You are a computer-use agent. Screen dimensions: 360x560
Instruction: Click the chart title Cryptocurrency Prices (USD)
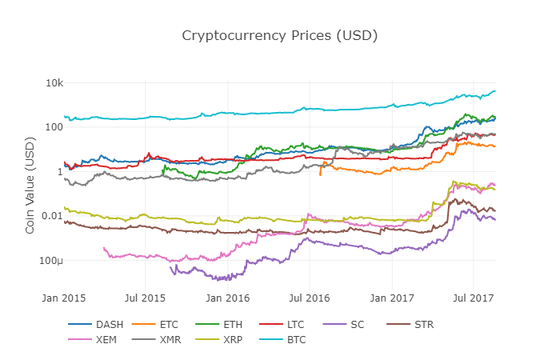pos(279,36)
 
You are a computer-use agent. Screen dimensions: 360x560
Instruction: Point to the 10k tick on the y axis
pos(54,83)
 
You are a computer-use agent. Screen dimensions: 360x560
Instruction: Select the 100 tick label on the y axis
pos(54,127)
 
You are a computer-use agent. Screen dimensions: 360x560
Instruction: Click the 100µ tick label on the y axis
pos(51,261)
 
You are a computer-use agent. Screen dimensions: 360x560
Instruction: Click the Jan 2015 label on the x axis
pos(64,298)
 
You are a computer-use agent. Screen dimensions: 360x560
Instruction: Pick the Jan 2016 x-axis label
pos(228,298)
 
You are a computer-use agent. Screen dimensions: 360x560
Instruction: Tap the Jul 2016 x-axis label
pos(310,298)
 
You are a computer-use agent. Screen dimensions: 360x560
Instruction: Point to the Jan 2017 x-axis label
pos(392,298)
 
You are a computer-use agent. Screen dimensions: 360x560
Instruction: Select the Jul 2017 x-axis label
pos(474,298)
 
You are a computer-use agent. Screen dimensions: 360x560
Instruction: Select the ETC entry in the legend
pos(169,325)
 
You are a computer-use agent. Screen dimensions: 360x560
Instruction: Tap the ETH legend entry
pos(232,325)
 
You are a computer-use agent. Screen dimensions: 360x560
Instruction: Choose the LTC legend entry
pos(295,325)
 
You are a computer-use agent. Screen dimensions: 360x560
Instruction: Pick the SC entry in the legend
pos(356,325)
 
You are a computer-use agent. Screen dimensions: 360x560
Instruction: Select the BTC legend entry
pos(295,339)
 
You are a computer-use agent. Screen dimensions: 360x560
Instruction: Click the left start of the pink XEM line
pos(104,248)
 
